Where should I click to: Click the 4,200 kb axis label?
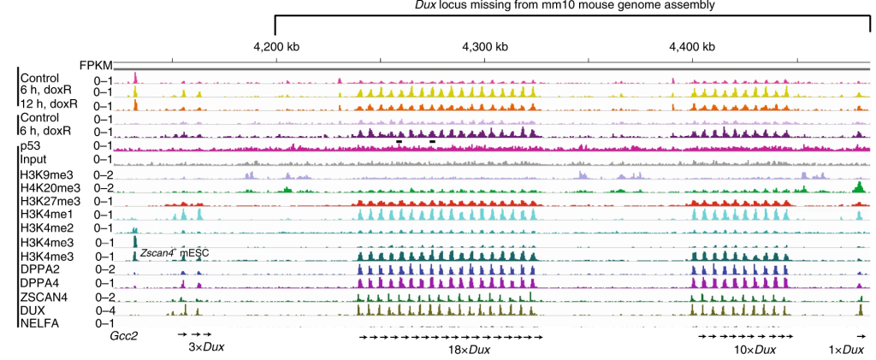pyautogui.click(x=276, y=45)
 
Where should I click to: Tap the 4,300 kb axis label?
pyautogui.click(x=484, y=45)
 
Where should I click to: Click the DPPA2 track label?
pyautogui.click(x=39, y=269)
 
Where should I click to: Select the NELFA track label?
pyautogui.click(x=38, y=324)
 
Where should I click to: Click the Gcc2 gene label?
pyautogui.click(x=124, y=336)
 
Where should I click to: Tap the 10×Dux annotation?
pyautogui.click(x=753, y=350)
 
